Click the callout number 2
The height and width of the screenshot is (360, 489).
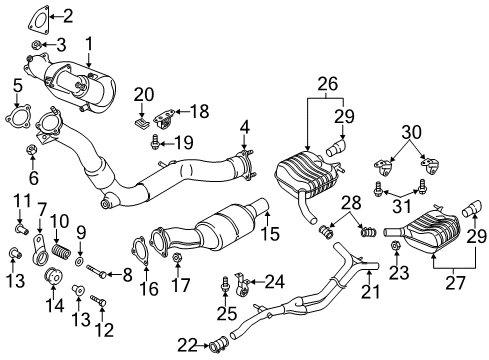pos(68,16)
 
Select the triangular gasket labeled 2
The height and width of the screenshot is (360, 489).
pos(38,18)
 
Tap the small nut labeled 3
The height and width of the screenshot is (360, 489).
pos(36,44)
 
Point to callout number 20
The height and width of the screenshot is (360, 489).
pos(144,95)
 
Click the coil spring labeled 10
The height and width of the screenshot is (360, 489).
pos(61,254)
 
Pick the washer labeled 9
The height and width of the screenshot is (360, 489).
pos(79,261)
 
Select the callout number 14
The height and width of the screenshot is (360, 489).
pos(55,305)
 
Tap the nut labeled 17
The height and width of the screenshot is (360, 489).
pos(176,258)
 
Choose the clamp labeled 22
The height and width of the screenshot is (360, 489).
pos(219,345)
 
